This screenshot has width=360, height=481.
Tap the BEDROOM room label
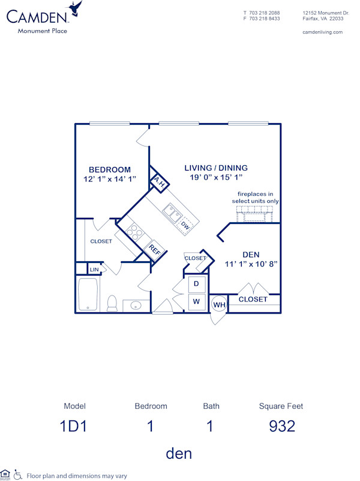[110, 169]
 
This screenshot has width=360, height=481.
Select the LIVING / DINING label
[216, 168]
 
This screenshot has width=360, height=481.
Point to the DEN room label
[251, 254]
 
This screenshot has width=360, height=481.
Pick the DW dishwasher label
[185, 225]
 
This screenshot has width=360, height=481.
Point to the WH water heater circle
[218, 305]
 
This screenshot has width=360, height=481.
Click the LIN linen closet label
[94, 270]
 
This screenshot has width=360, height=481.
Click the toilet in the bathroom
[112, 303]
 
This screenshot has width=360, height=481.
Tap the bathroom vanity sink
[136, 306]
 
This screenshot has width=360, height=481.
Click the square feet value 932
[281, 426]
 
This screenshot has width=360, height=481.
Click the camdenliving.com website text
[323, 32]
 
